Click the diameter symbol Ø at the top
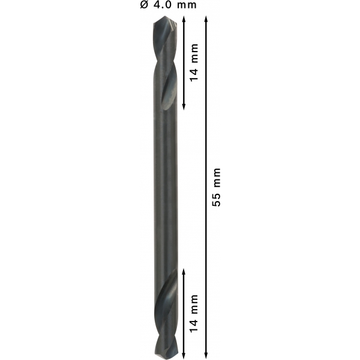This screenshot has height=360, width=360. [x=144, y=5]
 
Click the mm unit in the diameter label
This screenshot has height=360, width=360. [x=187, y=5]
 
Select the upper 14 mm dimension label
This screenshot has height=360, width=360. [x=194, y=62]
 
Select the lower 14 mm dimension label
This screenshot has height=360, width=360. [x=194, y=313]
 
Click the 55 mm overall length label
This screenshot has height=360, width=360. [x=216, y=187]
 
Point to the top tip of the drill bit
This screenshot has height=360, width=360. [x=165, y=16]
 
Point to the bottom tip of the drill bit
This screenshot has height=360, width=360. [x=166, y=359]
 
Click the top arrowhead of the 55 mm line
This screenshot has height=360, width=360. [x=206, y=19]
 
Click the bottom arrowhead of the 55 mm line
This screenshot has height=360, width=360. [x=206, y=355]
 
